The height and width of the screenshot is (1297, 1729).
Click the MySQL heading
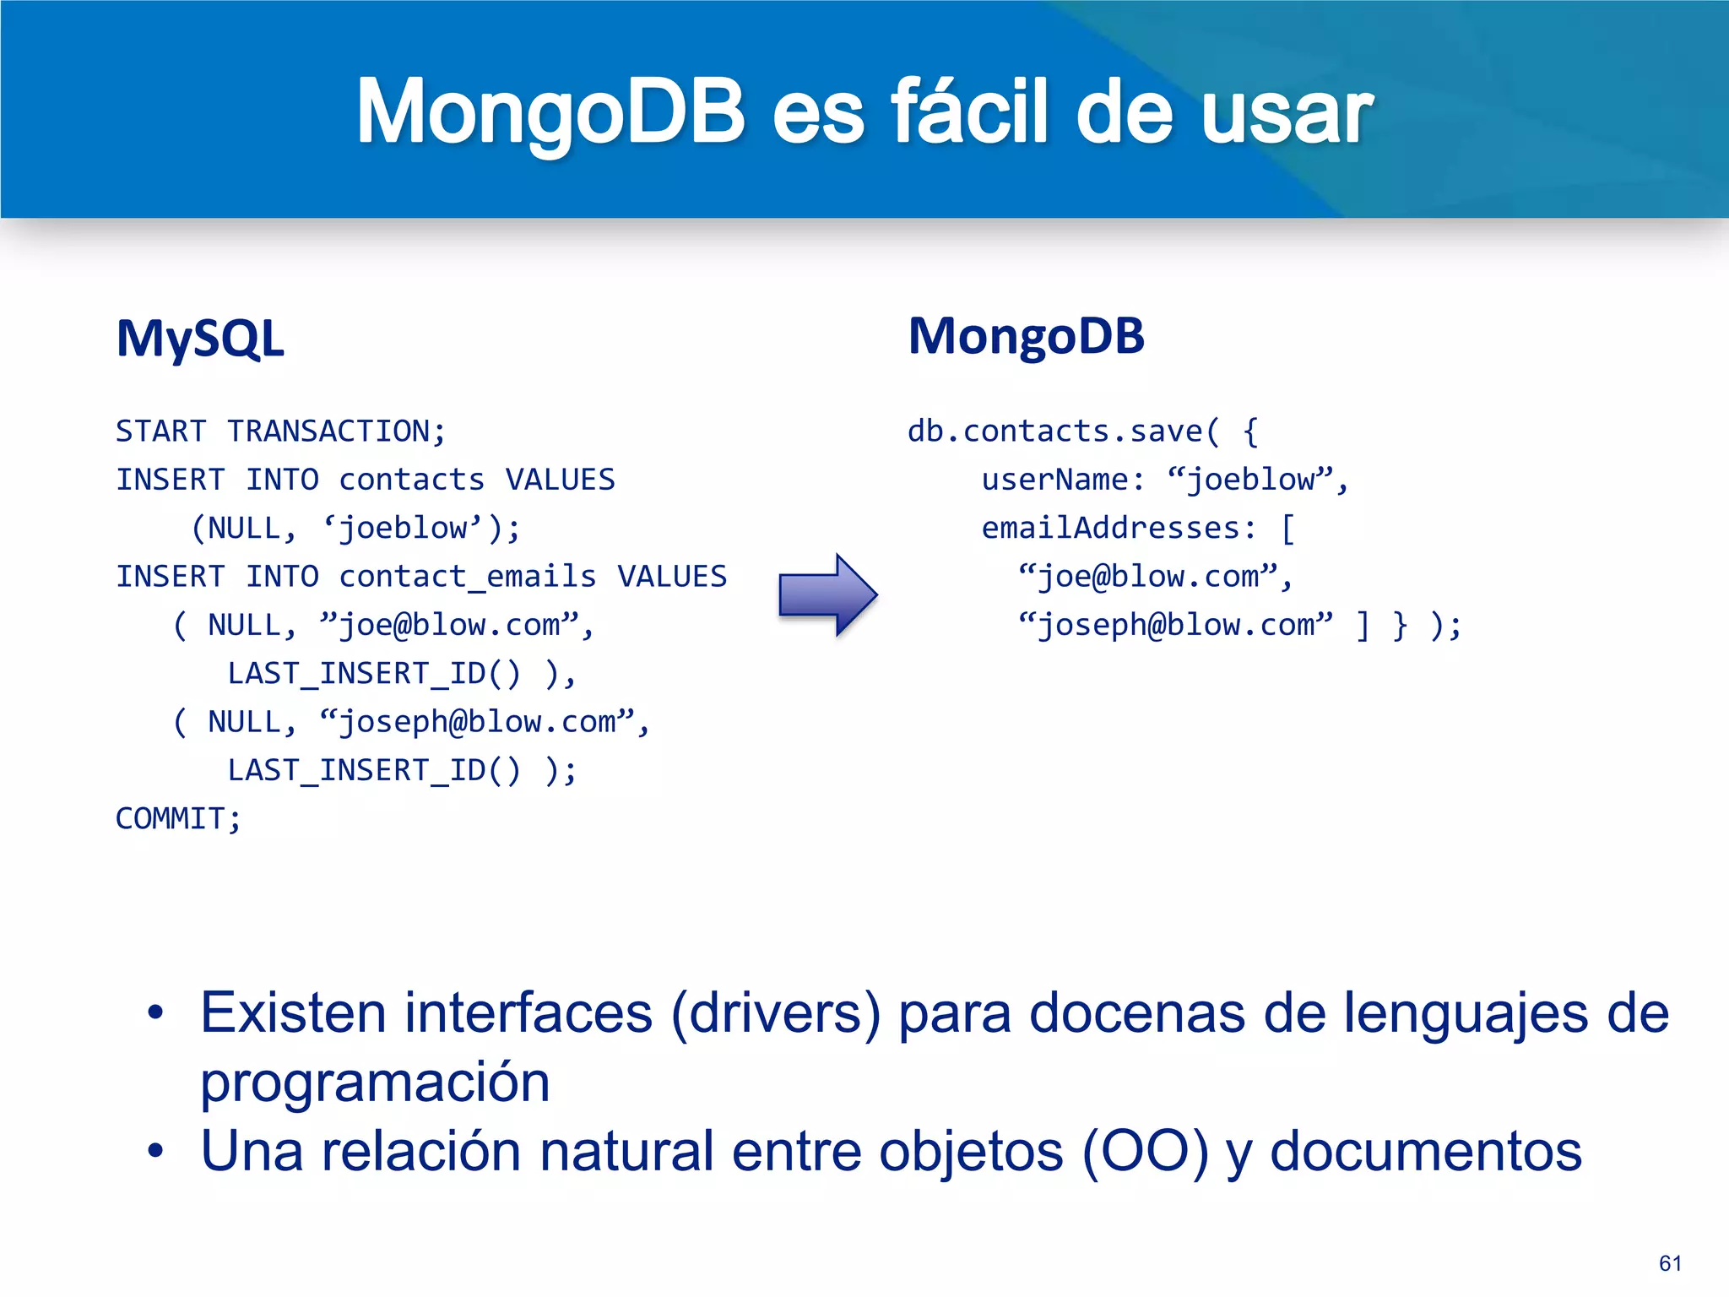pos(200,339)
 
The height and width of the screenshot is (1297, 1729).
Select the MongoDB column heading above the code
pos(1026,336)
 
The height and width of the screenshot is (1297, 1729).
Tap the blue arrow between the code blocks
pos(827,594)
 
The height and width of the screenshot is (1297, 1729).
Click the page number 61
pos(1670,1263)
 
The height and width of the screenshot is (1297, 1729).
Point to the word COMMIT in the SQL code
pos(170,818)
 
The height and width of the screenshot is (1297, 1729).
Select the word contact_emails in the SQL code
pos(467,577)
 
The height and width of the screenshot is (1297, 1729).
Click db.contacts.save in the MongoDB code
pos(1054,431)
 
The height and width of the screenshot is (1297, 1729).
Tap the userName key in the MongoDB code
pos(1054,480)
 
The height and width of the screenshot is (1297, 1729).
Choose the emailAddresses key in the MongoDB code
pos(1110,529)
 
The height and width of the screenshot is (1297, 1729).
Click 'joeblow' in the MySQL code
pos(402,529)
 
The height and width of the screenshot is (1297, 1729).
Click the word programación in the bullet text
pos(375,1083)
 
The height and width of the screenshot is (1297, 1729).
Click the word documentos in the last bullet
pos(1425,1151)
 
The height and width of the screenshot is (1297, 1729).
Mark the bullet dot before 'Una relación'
pos(155,1151)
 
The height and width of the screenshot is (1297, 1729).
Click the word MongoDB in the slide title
pos(550,111)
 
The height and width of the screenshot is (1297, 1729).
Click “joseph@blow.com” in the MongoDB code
pos(1175,626)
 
